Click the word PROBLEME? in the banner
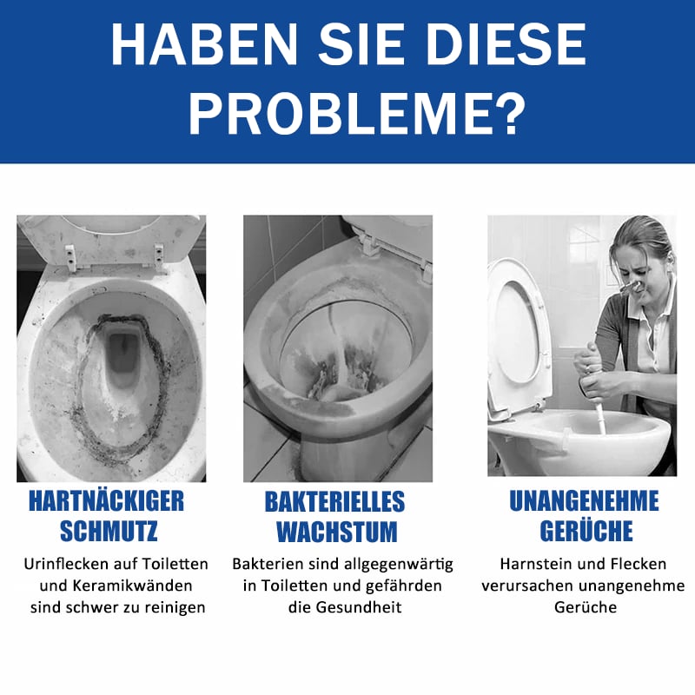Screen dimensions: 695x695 click(x=357, y=114)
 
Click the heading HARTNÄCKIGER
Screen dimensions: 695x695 click(x=106, y=501)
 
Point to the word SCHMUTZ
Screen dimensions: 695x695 click(x=109, y=531)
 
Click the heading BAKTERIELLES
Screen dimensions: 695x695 click(x=334, y=501)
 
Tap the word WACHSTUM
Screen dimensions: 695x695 click(x=337, y=532)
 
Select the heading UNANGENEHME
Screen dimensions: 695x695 click(x=584, y=501)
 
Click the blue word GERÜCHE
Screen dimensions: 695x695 click(x=586, y=530)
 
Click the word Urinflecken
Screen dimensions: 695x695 click(x=66, y=564)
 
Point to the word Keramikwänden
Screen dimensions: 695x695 click(x=132, y=586)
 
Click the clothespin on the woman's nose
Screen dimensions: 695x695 click(x=632, y=287)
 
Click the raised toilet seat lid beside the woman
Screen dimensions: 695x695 click(x=518, y=328)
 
